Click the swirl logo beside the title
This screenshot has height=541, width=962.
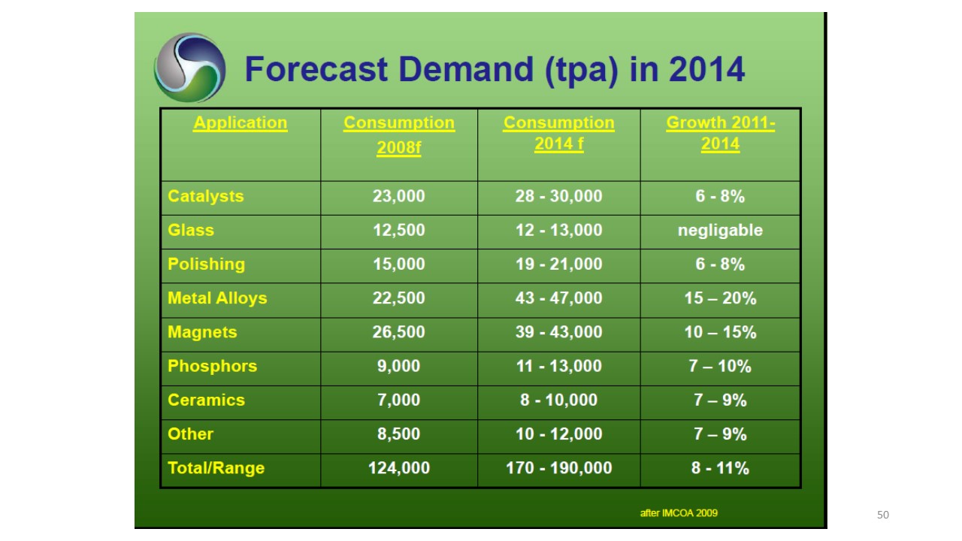coord(190,68)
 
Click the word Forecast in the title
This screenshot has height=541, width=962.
coord(316,69)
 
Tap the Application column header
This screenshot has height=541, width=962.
coord(240,123)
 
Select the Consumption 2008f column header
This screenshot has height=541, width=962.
coord(399,134)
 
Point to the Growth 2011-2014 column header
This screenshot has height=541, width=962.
coord(720,133)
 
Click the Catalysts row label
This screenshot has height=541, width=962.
coord(206,196)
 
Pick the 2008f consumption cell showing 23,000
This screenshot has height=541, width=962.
coord(398,196)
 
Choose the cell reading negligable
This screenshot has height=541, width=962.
coord(720,231)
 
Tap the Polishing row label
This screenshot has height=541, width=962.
coord(206,264)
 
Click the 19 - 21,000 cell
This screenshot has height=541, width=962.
coord(558,264)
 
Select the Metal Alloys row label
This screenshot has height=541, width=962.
coord(217,298)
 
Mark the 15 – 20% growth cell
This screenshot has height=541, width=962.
coord(720,298)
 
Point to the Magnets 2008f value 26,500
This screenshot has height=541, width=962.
coord(398,332)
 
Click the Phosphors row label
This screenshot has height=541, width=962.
coord(212,366)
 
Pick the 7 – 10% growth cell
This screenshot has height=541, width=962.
coord(720,366)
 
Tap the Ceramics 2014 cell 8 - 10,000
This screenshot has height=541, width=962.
coord(558,400)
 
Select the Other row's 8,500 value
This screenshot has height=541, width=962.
coord(398,434)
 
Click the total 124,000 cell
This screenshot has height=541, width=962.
coord(399,468)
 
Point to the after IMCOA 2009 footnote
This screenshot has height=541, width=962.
coord(679,513)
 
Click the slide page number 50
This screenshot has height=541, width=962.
coord(883,515)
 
